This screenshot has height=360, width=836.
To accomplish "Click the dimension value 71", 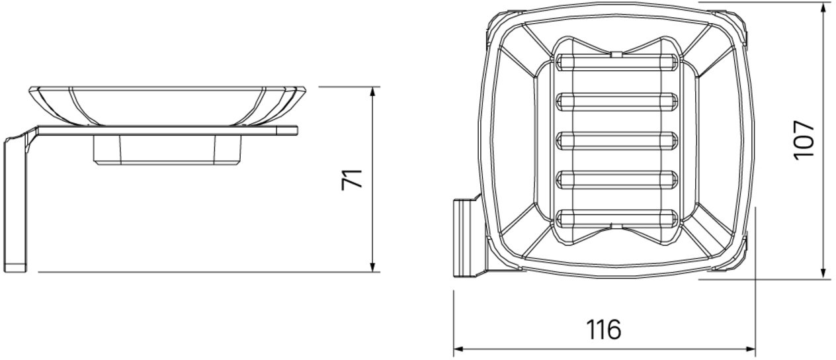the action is (x=352, y=180).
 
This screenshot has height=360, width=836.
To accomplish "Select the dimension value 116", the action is (x=603, y=329).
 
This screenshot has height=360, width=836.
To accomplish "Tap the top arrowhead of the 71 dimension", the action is (x=372, y=92).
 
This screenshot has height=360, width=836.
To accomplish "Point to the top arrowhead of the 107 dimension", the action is (x=823, y=7).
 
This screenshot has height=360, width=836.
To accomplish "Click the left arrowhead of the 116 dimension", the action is (x=459, y=349).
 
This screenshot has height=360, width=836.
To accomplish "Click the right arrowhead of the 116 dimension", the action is (x=750, y=349).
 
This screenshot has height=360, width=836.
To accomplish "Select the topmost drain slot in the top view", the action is (x=616, y=62).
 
